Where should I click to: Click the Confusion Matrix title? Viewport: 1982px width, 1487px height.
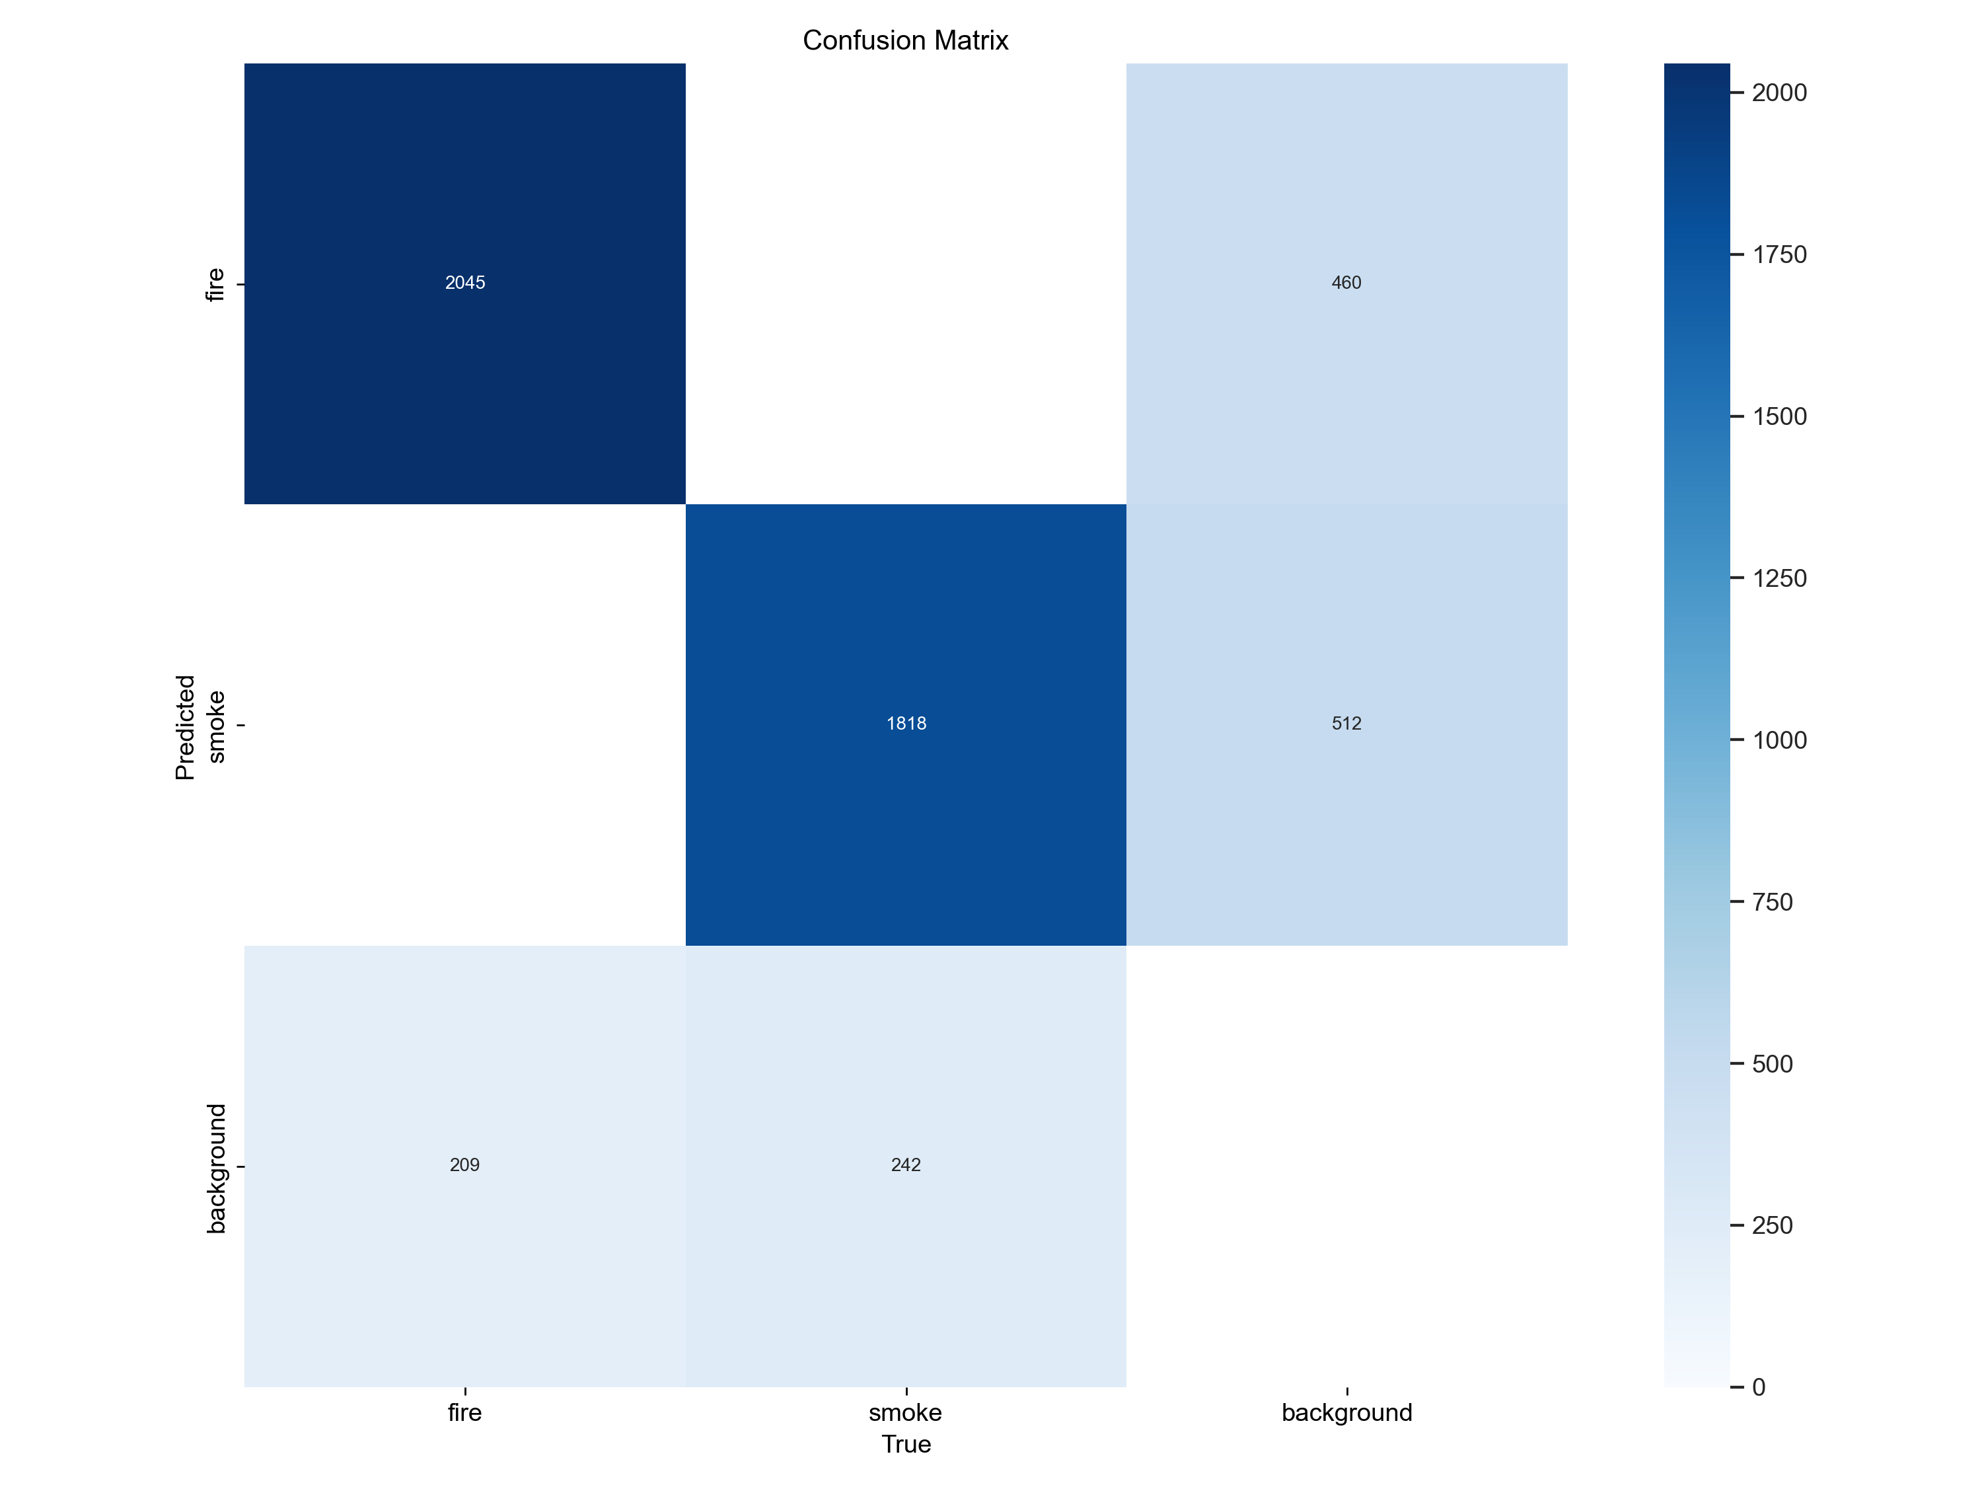[x=905, y=40]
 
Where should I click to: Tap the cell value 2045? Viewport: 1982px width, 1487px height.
[x=465, y=282]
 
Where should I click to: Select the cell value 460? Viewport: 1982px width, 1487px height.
[x=1346, y=282]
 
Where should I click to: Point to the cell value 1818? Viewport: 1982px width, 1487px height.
[x=906, y=723]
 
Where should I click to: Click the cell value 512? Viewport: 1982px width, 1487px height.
[x=1346, y=723]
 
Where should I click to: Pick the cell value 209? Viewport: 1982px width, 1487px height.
[x=464, y=1164]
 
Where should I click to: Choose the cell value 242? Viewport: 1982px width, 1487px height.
[x=906, y=1164]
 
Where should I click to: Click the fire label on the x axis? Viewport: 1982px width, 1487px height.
[x=465, y=1412]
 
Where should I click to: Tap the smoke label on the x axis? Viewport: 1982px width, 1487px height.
[x=905, y=1412]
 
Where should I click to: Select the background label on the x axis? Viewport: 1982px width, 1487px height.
[x=1346, y=1412]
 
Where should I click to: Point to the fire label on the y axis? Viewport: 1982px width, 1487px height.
[x=214, y=284]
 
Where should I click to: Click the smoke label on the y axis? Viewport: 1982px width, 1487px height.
[x=215, y=726]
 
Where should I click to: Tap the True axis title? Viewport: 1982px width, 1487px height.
[x=906, y=1444]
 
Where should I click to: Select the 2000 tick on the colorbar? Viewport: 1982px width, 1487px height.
[x=1779, y=93]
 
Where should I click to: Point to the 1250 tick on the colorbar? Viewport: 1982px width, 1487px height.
[x=1779, y=578]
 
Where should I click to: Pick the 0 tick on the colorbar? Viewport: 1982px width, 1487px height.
[x=1758, y=1387]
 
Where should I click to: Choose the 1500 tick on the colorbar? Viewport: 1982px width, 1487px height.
[x=1779, y=416]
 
